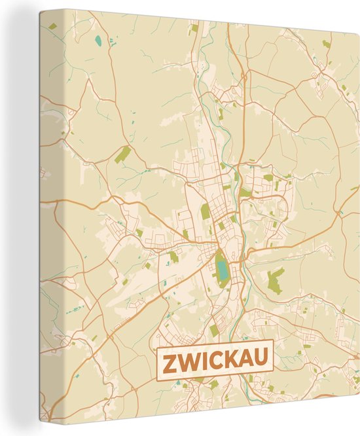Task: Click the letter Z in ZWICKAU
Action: click(170, 361)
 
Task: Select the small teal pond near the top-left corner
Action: click(99, 41)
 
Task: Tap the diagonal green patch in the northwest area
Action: click(122, 154)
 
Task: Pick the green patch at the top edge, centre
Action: click(194, 28)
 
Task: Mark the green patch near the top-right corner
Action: click(326, 45)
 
